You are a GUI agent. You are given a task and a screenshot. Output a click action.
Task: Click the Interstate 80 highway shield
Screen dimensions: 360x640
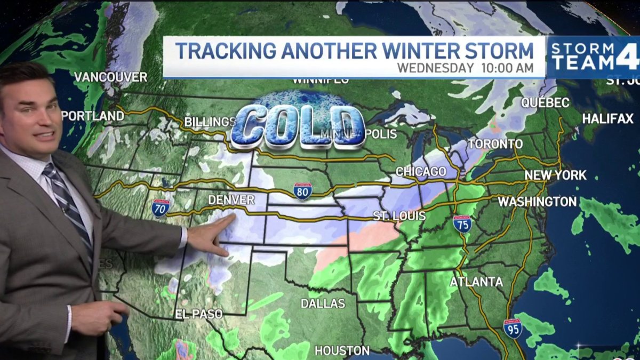click(302, 191)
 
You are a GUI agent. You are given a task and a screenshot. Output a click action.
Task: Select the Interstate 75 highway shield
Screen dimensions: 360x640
click(462, 223)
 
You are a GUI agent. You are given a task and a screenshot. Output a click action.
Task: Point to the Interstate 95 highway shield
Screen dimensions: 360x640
click(513, 328)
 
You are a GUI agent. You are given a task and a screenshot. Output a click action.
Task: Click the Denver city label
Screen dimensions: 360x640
click(230, 199)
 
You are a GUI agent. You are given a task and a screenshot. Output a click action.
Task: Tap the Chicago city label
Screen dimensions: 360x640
click(421, 172)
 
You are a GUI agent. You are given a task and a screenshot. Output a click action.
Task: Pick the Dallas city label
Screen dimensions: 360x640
click(323, 303)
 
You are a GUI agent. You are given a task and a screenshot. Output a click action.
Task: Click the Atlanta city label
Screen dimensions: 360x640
click(476, 282)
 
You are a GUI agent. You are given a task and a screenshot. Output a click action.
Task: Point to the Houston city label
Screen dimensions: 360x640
click(342, 350)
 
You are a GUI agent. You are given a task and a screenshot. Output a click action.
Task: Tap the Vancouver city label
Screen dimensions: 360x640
click(110, 77)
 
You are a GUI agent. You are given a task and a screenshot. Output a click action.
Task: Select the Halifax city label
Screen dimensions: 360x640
click(607, 119)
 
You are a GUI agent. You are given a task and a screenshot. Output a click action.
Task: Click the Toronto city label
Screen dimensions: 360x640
click(495, 145)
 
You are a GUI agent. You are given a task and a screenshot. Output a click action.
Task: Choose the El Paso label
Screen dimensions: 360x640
click(198, 314)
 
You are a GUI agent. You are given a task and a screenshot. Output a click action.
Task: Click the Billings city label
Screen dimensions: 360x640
click(210, 122)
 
